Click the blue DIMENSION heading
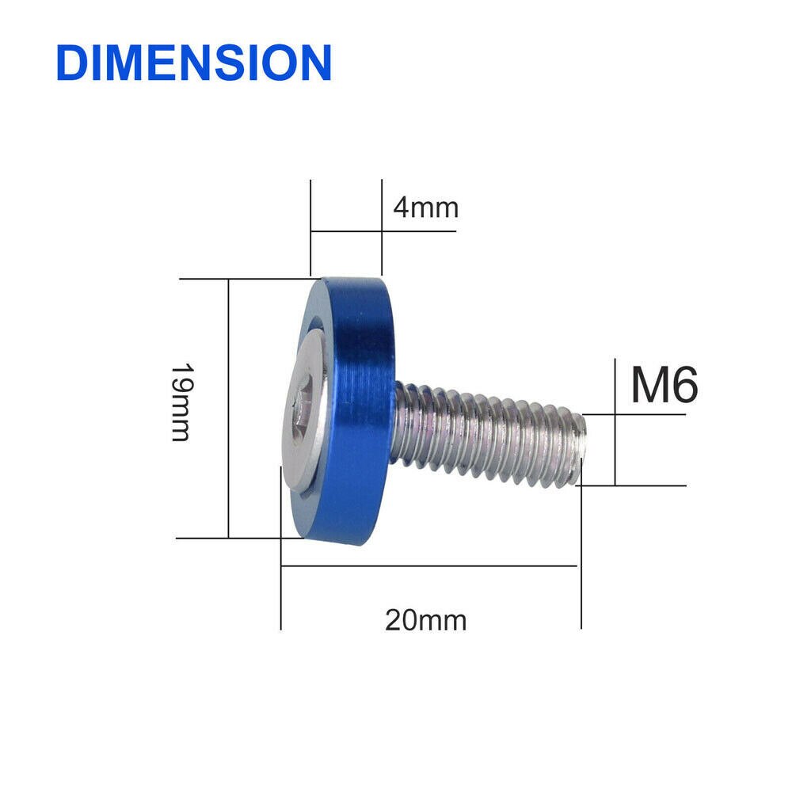(193, 63)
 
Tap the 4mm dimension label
(425, 208)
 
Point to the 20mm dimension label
(425, 619)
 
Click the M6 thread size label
(664, 386)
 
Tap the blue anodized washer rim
(360, 412)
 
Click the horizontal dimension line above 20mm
(428, 566)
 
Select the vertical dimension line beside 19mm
(228, 408)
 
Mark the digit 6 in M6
(684, 386)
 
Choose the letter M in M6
(649, 386)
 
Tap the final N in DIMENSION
(315, 63)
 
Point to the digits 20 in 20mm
(400, 619)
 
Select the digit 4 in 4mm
(401, 208)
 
